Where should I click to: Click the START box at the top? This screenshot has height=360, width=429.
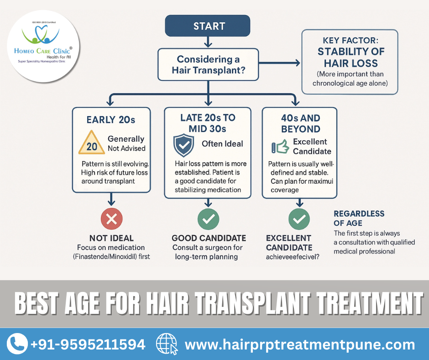208,26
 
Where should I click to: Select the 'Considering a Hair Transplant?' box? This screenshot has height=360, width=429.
208,64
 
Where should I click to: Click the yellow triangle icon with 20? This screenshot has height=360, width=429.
92,144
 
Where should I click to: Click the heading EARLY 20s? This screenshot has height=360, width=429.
111,120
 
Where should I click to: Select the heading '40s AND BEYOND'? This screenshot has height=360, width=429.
300,123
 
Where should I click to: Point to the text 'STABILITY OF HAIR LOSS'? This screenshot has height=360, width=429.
351,58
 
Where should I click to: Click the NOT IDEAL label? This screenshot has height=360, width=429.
111,238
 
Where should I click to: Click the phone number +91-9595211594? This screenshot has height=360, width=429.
88,344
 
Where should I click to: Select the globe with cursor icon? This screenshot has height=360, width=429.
166,344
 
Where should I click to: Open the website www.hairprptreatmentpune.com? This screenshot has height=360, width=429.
300,344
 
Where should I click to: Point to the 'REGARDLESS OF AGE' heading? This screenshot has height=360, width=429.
359,218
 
